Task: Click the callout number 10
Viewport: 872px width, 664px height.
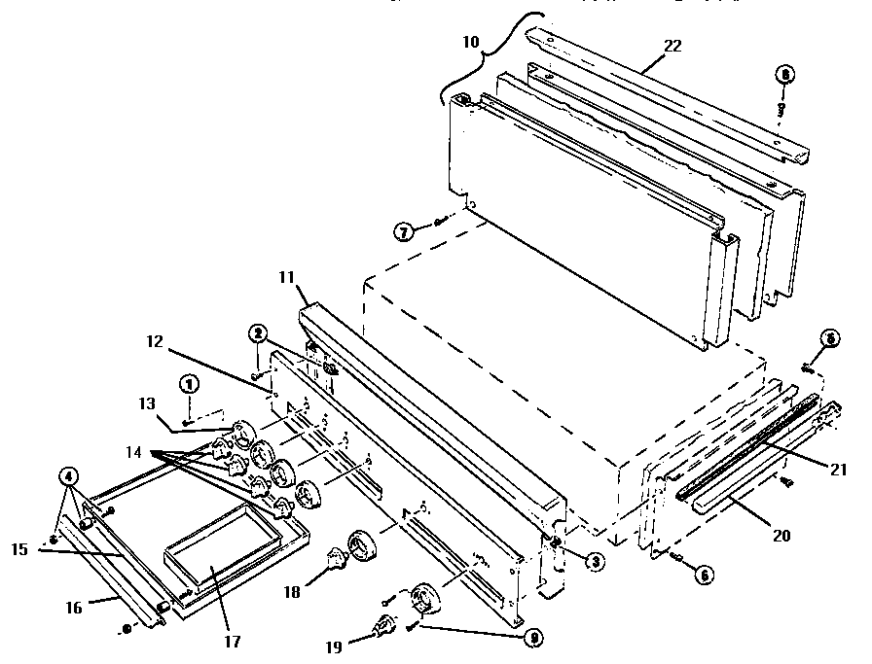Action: pyautogui.click(x=471, y=44)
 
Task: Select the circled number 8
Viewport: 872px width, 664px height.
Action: pyautogui.click(x=783, y=75)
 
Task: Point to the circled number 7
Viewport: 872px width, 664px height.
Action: pyautogui.click(x=405, y=230)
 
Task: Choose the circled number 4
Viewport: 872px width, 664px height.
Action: pyautogui.click(x=68, y=476)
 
